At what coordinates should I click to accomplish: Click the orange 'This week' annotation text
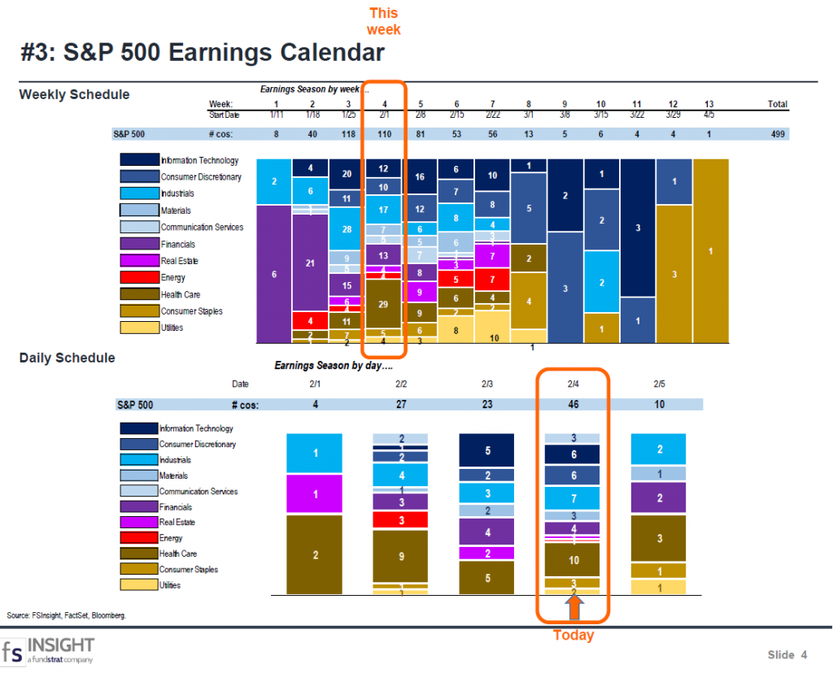coord(383,21)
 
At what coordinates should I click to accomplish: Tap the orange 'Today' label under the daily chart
coord(574,636)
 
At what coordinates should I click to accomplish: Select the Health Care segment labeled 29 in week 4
coord(383,302)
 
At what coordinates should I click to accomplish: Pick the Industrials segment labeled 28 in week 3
coord(347,229)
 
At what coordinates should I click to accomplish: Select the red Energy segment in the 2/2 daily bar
coord(400,520)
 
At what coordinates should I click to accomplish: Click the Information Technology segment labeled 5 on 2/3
coord(487,450)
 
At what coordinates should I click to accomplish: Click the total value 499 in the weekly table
coord(777,134)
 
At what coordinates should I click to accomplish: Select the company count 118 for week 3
coord(348,134)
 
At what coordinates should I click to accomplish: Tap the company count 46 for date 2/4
coord(572,404)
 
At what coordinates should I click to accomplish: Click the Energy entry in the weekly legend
coord(172,278)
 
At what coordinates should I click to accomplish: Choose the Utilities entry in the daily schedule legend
coord(170,585)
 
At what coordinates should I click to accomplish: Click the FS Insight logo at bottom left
coord(48,650)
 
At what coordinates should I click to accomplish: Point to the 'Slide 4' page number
coord(787,654)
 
